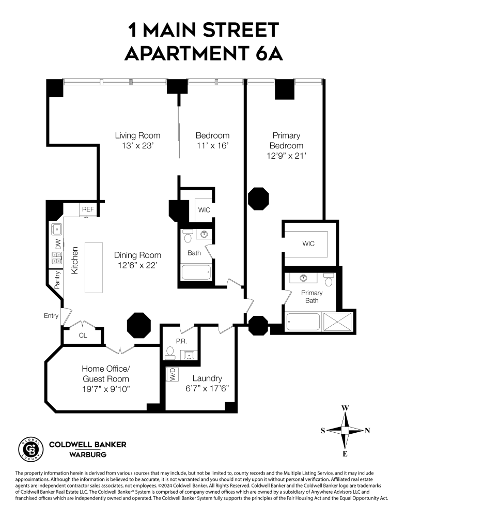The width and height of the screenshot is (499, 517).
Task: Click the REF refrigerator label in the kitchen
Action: tap(87, 209)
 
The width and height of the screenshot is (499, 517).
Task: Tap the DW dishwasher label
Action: tap(58, 244)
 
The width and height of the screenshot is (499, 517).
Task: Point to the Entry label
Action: tap(51, 316)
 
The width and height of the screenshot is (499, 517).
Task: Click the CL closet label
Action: tap(83, 335)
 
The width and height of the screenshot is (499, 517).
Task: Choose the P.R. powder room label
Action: tap(181, 341)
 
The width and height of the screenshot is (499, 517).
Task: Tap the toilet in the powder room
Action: tap(169, 353)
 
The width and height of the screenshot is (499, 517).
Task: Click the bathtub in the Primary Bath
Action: tap(303, 322)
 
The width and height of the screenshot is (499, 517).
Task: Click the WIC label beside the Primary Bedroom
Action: tap(307, 244)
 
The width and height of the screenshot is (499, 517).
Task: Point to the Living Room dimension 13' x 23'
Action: tap(137, 146)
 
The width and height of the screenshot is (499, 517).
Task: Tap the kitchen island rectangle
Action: tap(94, 267)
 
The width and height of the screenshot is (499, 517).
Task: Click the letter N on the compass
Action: tap(367, 431)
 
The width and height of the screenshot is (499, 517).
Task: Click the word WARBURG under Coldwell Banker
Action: tap(87, 454)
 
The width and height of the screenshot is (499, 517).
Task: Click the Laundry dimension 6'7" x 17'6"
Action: tap(207, 388)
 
